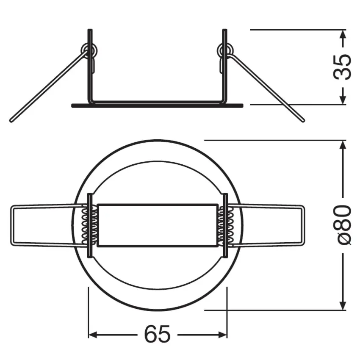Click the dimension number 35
click(x=343, y=67)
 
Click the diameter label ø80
click(x=343, y=224)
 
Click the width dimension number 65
click(x=157, y=335)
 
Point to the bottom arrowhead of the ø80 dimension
click(x=343, y=306)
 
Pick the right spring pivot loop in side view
click(x=224, y=51)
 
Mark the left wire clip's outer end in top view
click(x=12, y=226)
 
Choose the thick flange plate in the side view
click(x=157, y=105)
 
